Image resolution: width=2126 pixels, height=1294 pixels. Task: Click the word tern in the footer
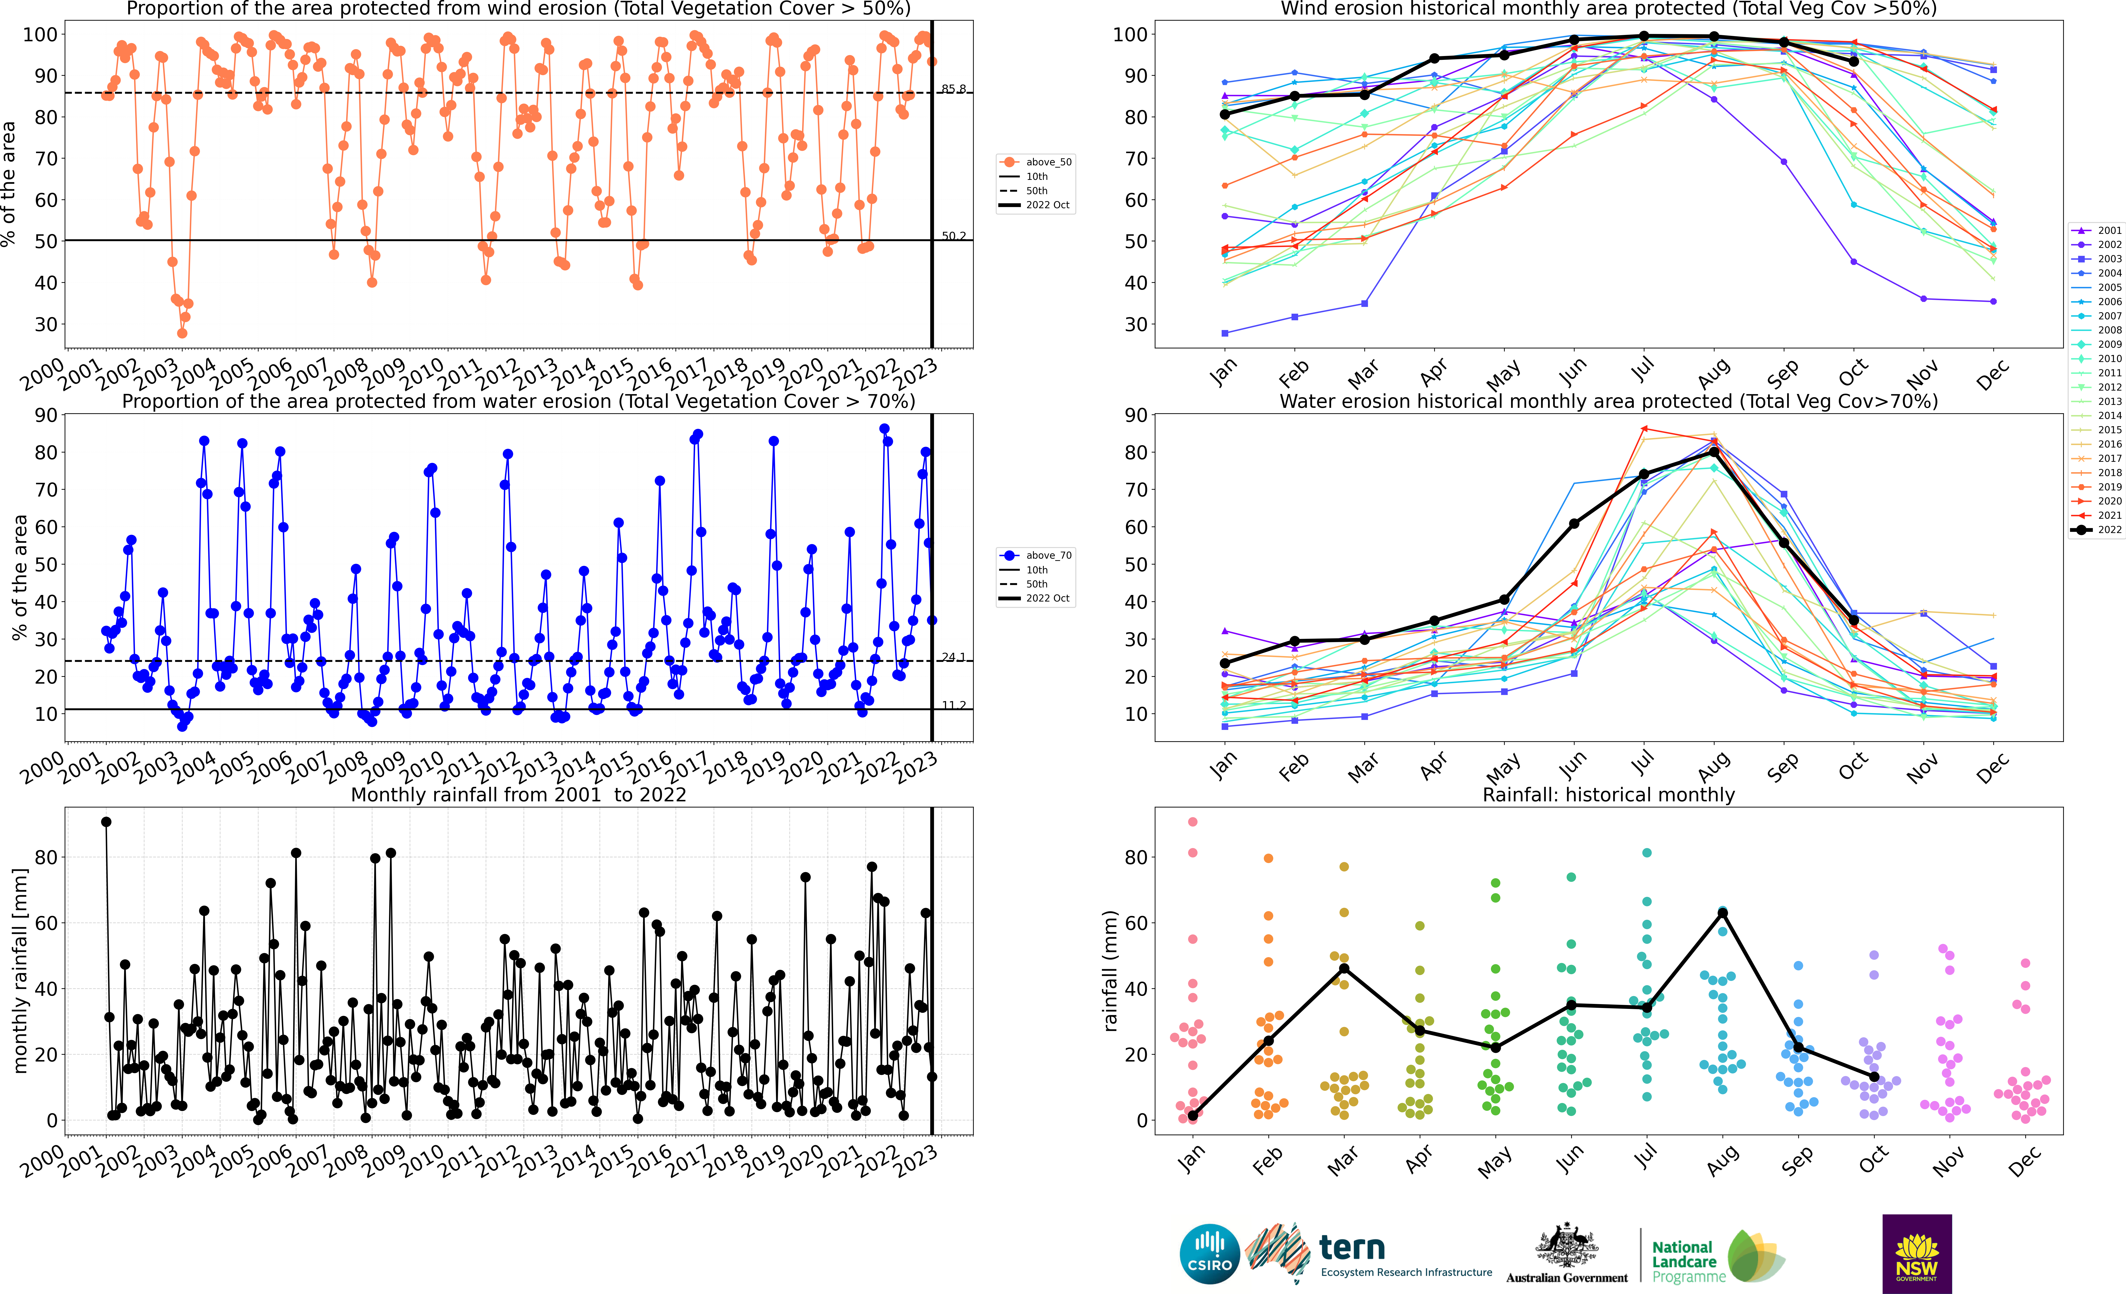[x=1352, y=1248]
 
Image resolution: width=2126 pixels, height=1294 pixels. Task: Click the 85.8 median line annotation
[x=953, y=89]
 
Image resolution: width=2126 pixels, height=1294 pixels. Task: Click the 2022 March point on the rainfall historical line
[x=1344, y=969]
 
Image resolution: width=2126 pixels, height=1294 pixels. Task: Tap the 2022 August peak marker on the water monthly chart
[x=1715, y=452]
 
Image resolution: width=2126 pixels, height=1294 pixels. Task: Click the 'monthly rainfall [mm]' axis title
[x=21, y=971]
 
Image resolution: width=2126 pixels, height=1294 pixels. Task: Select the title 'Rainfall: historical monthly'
[x=1608, y=795]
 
